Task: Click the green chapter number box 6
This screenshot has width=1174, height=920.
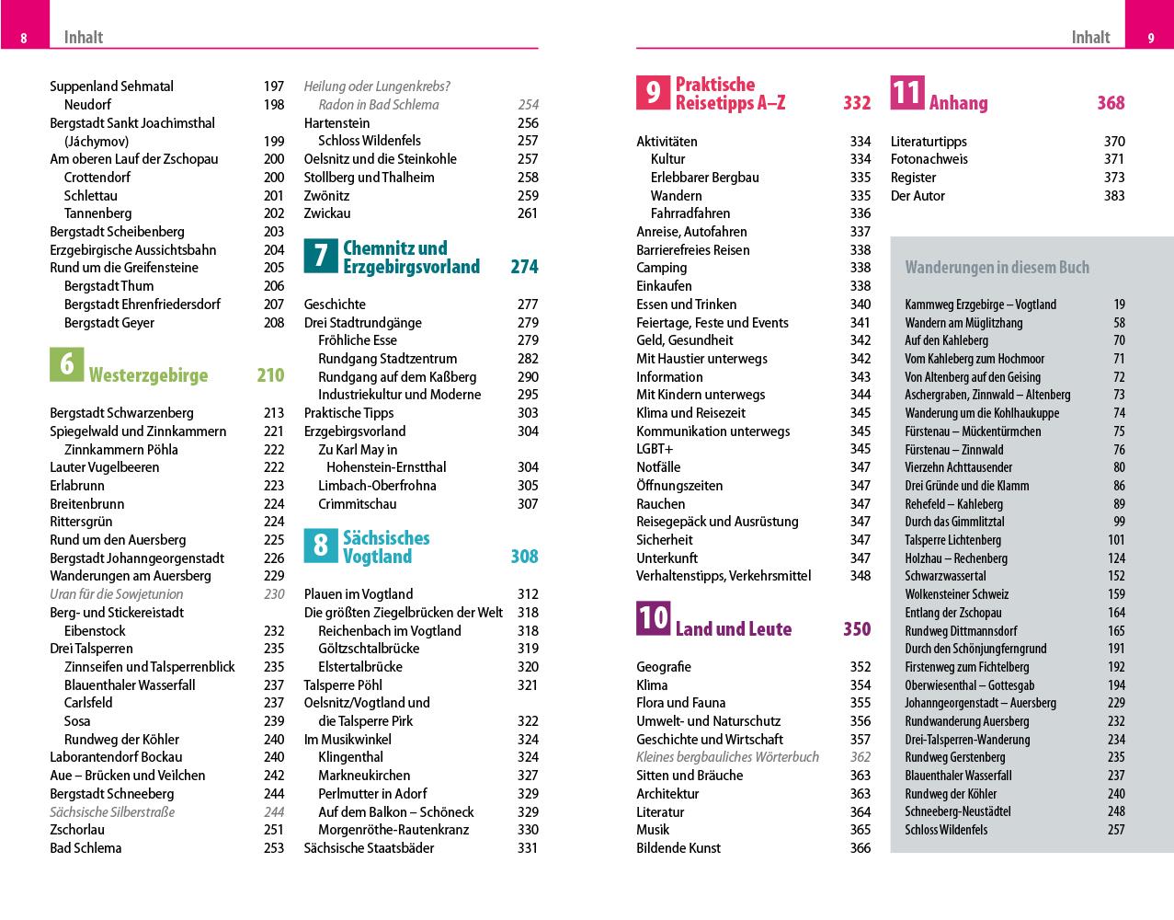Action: pyautogui.click(x=67, y=364)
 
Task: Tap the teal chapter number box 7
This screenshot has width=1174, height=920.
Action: pyautogui.click(x=321, y=256)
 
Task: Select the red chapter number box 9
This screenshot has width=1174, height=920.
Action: pyautogui.click(x=653, y=92)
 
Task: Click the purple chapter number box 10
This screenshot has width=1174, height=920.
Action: pyautogui.click(x=653, y=618)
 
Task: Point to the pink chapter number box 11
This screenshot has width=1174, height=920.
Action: pyautogui.click(x=906, y=92)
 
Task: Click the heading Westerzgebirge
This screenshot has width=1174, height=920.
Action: pyautogui.click(x=148, y=375)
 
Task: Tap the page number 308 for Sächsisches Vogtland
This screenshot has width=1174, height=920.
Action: pyautogui.click(x=524, y=557)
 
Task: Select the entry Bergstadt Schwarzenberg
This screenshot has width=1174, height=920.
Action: pyautogui.click(x=121, y=413)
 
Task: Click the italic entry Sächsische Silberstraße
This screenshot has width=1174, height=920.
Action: pyautogui.click(x=112, y=812)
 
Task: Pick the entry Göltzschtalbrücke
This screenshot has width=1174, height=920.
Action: pyautogui.click(x=369, y=649)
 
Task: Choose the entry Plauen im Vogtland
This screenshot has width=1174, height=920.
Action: pyautogui.click(x=359, y=594)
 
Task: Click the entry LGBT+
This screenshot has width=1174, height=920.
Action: pyautogui.click(x=655, y=449)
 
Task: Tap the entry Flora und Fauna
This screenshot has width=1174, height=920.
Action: pyautogui.click(x=680, y=703)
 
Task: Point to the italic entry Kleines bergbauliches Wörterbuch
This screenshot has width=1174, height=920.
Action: pyautogui.click(x=727, y=757)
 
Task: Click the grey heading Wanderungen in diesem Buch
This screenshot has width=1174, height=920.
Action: pyautogui.click(x=997, y=268)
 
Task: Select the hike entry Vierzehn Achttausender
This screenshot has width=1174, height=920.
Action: pyautogui.click(x=958, y=467)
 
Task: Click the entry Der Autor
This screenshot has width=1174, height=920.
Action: pyautogui.click(x=918, y=196)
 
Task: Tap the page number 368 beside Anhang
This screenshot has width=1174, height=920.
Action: pyautogui.click(x=1111, y=103)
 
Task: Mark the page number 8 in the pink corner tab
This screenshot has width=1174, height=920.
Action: pyautogui.click(x=24, y=38)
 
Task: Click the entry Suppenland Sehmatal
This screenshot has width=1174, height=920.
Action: pyautogui.click(x=111, y=86)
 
